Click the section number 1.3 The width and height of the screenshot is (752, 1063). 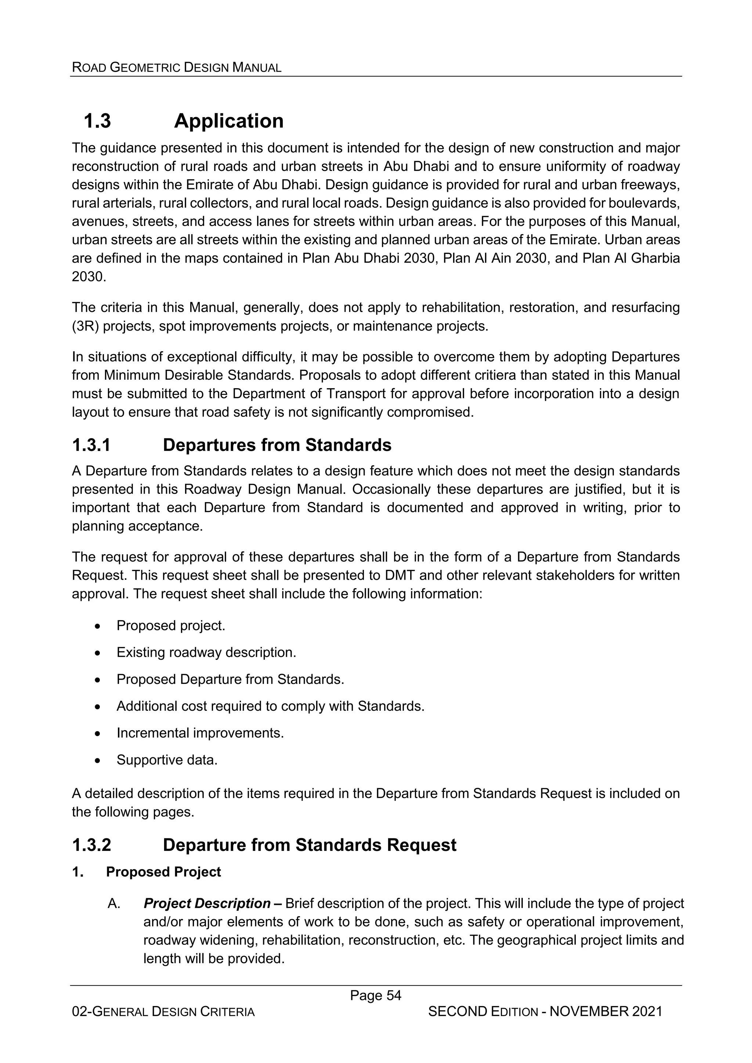(x=97, y=121)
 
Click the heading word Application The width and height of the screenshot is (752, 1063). (x=228, y=121)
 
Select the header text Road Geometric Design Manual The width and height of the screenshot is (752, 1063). (x=177, y=68)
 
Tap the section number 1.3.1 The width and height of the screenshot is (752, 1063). (x=91, y=445)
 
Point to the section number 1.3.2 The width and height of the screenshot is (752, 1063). (x=91, y=845)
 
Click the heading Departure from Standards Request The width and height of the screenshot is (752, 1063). (x=309, y=845)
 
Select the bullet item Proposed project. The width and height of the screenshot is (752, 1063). (x=170, y=626)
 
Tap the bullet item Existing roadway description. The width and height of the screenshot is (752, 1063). (x=206, y=652)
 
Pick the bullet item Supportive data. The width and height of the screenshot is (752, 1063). (x=167, y=760)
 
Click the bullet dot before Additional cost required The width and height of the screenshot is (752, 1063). (x=97, y=707)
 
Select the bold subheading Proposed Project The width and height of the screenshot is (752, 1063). (x=163, y=872)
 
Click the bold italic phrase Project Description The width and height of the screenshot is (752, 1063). (x=207, y=903)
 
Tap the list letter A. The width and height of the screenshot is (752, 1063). (x=113, y=903)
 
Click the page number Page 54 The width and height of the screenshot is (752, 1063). (x=375, y=995)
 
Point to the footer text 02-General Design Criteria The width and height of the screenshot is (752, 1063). (x=163, y=1012)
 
